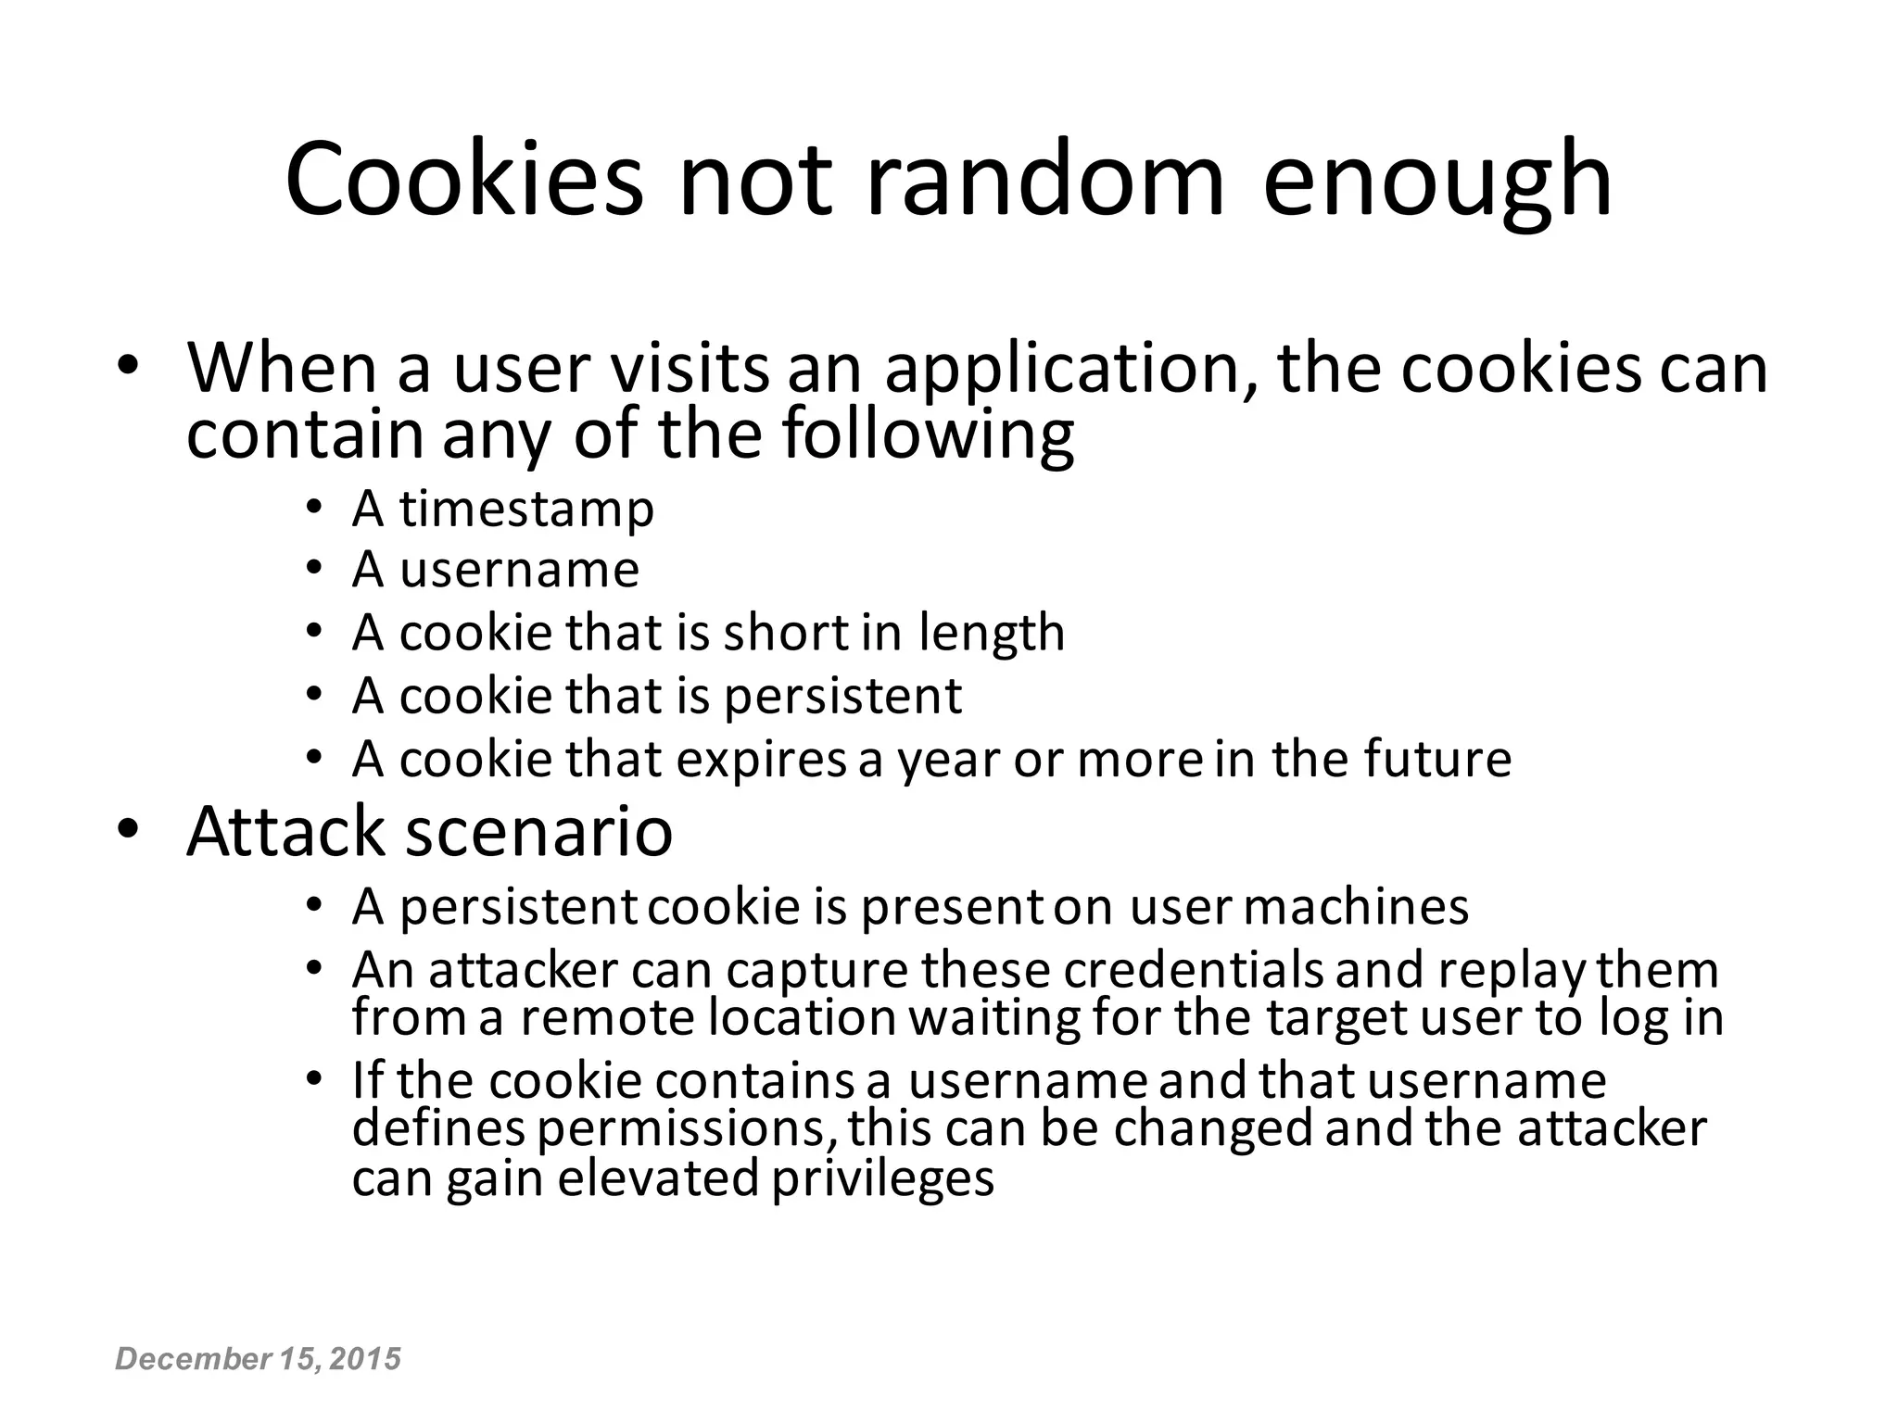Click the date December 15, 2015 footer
tap(258, 1359)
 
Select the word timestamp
tap(526, 510)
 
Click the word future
tap(1437, 760)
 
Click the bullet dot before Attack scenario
tap(127, 826)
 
